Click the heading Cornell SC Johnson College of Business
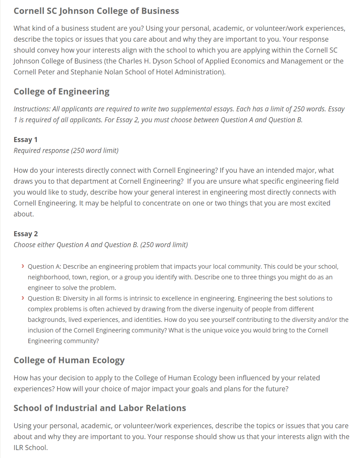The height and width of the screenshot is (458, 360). click(x=96, y=11)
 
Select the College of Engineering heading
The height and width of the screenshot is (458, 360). click(x=61, y=91)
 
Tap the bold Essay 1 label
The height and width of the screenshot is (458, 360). click(x=25, y=139)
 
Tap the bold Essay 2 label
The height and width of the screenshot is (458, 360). click(x=26, y=234)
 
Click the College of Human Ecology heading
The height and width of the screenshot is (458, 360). click(x=69, y=360)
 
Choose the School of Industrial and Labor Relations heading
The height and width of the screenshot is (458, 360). click(x=100, y=408)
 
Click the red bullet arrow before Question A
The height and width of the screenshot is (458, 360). click(x=22, y=266)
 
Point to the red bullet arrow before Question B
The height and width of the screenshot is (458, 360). click(x=22, y=298)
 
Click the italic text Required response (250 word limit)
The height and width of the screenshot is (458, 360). click(x=66, y=150)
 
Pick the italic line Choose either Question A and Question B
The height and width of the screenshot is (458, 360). click(x=101, y=245)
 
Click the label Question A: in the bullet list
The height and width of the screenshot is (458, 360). click(x=44, y=267)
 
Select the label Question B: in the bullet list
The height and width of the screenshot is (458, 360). click(x=44, y=298)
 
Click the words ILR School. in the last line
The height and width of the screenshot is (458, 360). click(x=31, y=448)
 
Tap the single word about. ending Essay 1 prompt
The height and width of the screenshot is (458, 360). click(x=24, y=214)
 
